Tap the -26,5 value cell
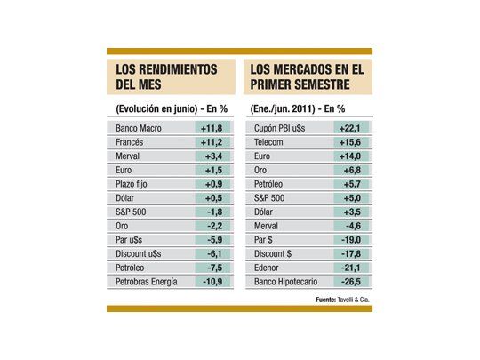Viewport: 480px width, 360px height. [349, 282]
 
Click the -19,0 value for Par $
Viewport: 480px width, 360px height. [349, 239]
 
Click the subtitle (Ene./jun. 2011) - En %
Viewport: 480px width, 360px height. [300, 108]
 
